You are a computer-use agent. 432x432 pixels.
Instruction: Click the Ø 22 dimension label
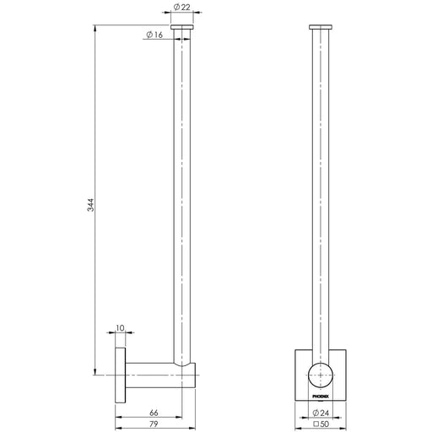(x=181, y=7)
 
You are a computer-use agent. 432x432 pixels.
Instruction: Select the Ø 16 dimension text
(x=154, y=35)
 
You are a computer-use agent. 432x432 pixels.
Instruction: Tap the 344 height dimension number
(x=91, y=205)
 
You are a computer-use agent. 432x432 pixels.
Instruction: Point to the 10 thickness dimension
(x=120, y=328)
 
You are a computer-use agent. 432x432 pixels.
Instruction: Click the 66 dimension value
(x=154, y=413)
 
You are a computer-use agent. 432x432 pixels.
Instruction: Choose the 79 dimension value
(x=154, y=424)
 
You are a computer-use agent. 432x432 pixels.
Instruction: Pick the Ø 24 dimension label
(x=321, y=413)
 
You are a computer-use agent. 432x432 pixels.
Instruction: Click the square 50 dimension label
(x=321, y=424)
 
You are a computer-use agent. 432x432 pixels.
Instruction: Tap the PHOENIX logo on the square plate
(x=321, y=397)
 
